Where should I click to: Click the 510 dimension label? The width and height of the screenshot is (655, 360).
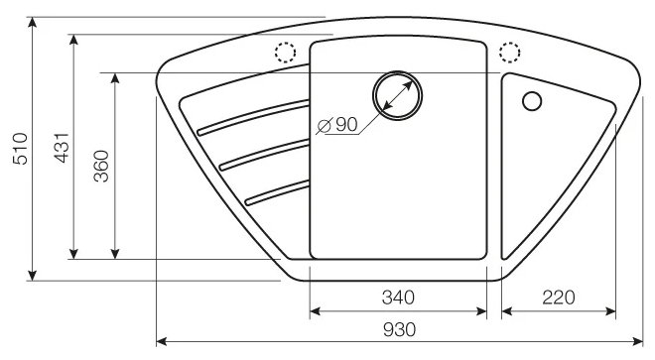[x=20, y=149]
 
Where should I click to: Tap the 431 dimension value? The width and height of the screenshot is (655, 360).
[x=62, y=148]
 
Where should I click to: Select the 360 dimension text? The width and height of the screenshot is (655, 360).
[x=101, y=166]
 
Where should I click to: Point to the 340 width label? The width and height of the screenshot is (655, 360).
[x=398, y=298]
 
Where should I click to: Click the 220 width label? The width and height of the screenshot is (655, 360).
[x=559, y=298]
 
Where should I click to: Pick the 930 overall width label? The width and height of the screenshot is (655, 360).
[x=399, y=330]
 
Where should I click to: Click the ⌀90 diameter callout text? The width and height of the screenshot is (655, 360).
[x=337, y=124]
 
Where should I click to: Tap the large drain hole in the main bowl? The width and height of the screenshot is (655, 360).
[x=397, y=95]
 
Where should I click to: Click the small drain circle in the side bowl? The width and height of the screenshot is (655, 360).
[x=532, y=101]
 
